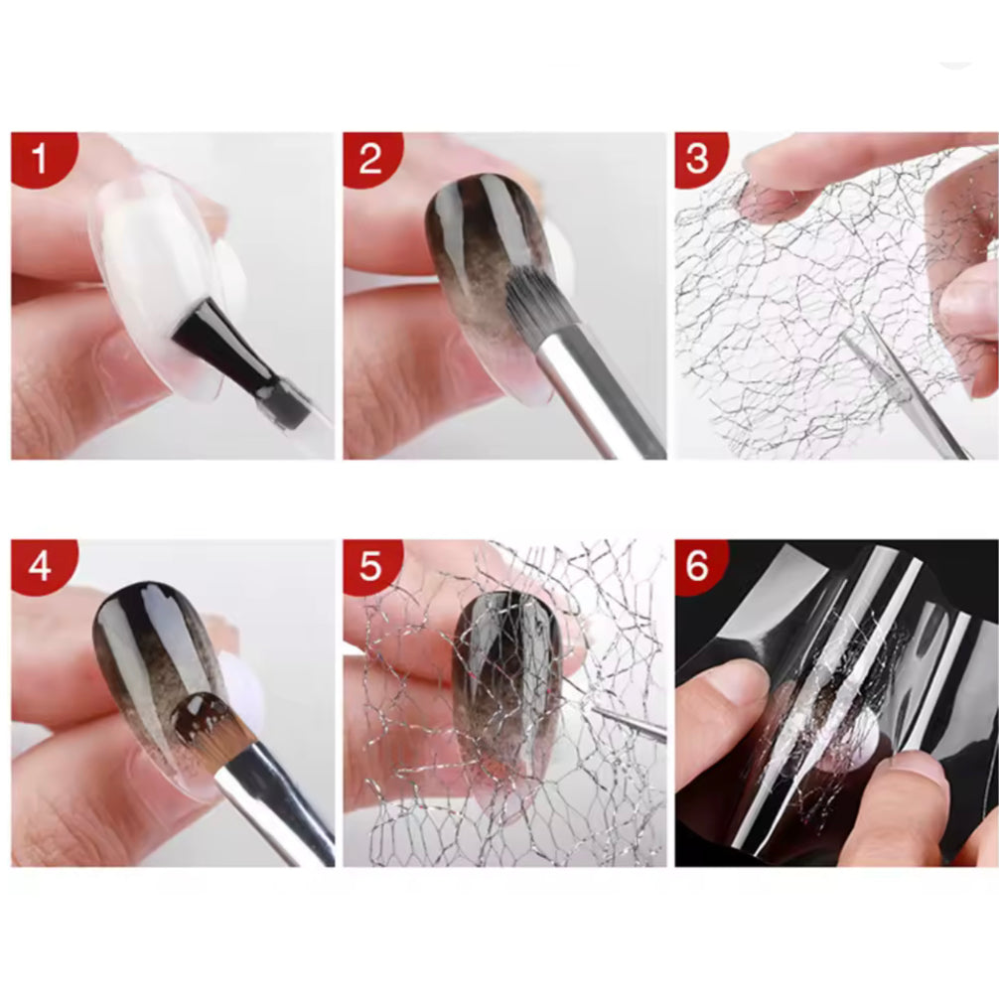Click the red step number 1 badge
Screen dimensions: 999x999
(x=38, y=158)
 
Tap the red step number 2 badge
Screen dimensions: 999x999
(x=369, y=158)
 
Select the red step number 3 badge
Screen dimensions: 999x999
(x=699, y=158)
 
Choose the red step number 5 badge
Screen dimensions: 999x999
(x=369, y=566)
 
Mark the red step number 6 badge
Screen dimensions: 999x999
(x=699, y=566)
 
